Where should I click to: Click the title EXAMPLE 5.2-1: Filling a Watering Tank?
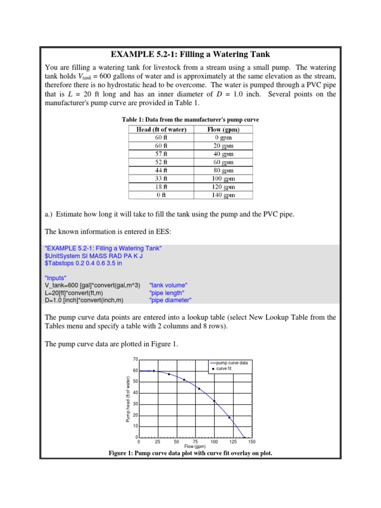click(x=190, y=54)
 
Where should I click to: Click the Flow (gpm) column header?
click(x=223, y=129)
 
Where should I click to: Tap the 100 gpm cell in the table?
click(x=223, y=179)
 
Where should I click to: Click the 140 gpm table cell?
click(x=223, y=195)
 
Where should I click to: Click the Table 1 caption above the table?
click(x=190, y=120)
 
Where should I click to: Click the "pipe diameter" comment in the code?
click(x=170, y=300)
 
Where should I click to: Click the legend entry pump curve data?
click(x=232, y=363)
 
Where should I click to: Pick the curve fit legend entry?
click(x=227, y=369)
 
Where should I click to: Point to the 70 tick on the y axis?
click(x=135, y=359)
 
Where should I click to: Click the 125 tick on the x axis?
click(x=233, y=442)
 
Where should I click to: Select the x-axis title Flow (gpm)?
click(x=195, y=446)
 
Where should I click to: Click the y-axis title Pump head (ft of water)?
click(x=127, y=400)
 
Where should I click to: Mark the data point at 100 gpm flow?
click(x=214, y=401)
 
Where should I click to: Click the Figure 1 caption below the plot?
click(x=190, y=453)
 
